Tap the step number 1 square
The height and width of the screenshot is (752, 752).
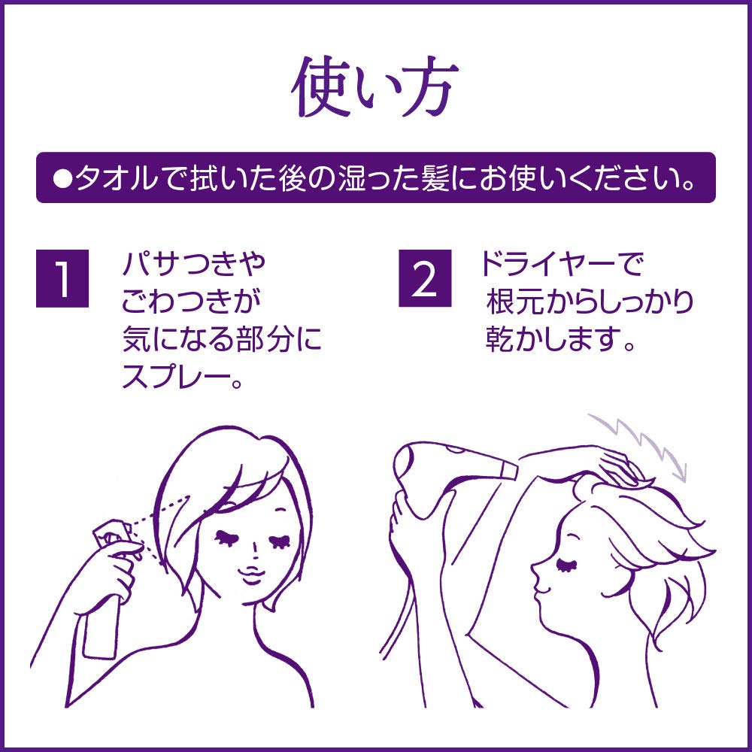pos(62,278)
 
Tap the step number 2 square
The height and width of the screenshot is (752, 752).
pos(425,278)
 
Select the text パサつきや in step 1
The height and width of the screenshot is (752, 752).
pos(194,263)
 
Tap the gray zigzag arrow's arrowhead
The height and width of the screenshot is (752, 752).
pos(678,472)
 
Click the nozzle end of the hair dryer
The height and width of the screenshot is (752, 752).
pos(511,470)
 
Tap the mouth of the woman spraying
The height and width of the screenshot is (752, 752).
pos(252,574)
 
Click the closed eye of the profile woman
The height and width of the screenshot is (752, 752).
pos(567,566)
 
